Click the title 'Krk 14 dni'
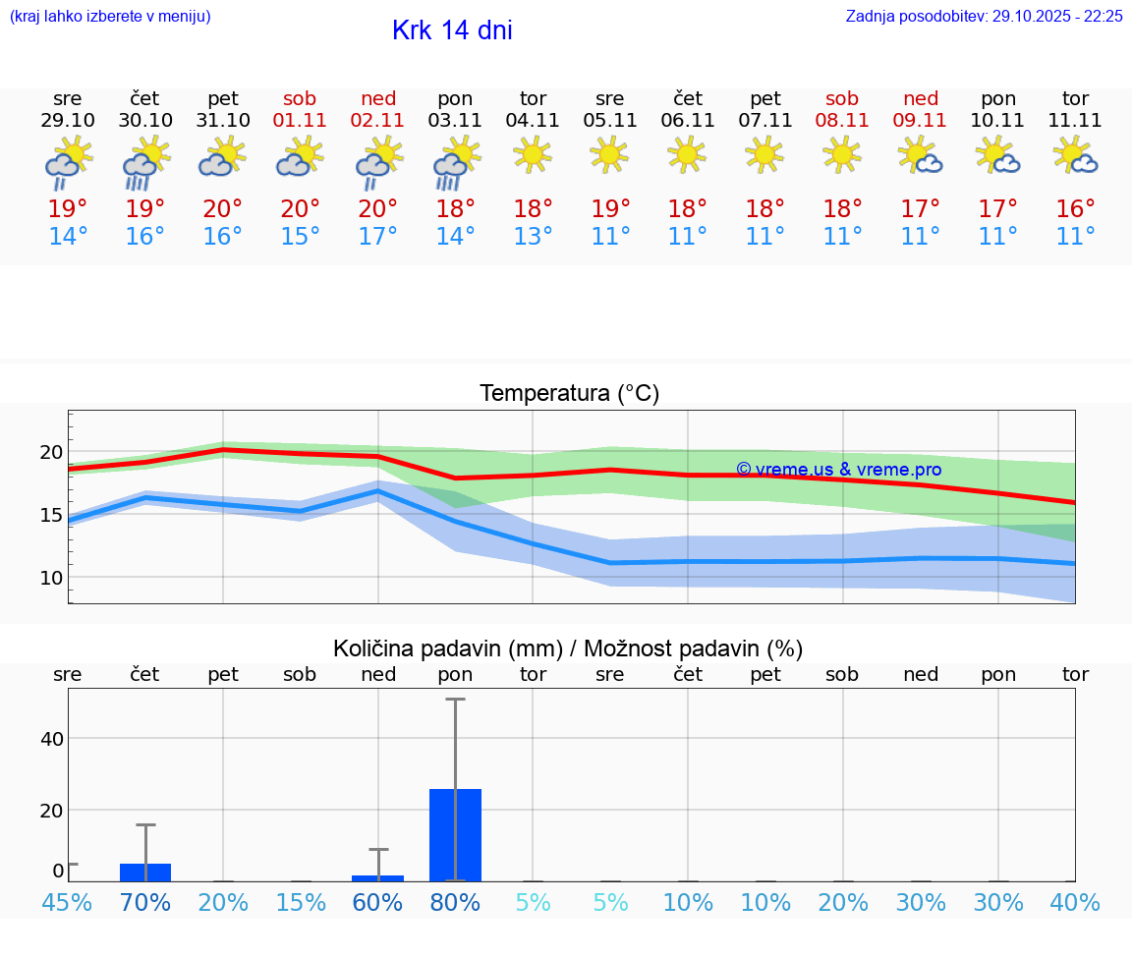tap(452, 30)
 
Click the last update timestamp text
tap(984, 17)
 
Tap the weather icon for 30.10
tap(145, 162)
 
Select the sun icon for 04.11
tap(533, 154)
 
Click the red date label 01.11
tap(301, 121)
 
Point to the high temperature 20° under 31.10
tap(223, 208)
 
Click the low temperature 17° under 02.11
tap(378, 237)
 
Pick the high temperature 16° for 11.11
tap(1076, 208)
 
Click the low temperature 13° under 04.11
tap(533, 237)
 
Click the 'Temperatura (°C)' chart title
tap(569, 394)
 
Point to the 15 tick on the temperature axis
tap(50, 514)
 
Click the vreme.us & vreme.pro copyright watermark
tap(838, 470)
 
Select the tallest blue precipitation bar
tap(456, 834)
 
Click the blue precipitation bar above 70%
tap(145, 872)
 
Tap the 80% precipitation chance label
tap(456, 902)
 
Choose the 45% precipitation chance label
tap(68, 902)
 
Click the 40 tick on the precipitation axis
tap(51, 738)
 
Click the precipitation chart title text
tap(568, 648)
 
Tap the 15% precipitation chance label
tap(301, 902)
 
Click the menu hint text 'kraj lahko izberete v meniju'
tap(110, 17)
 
